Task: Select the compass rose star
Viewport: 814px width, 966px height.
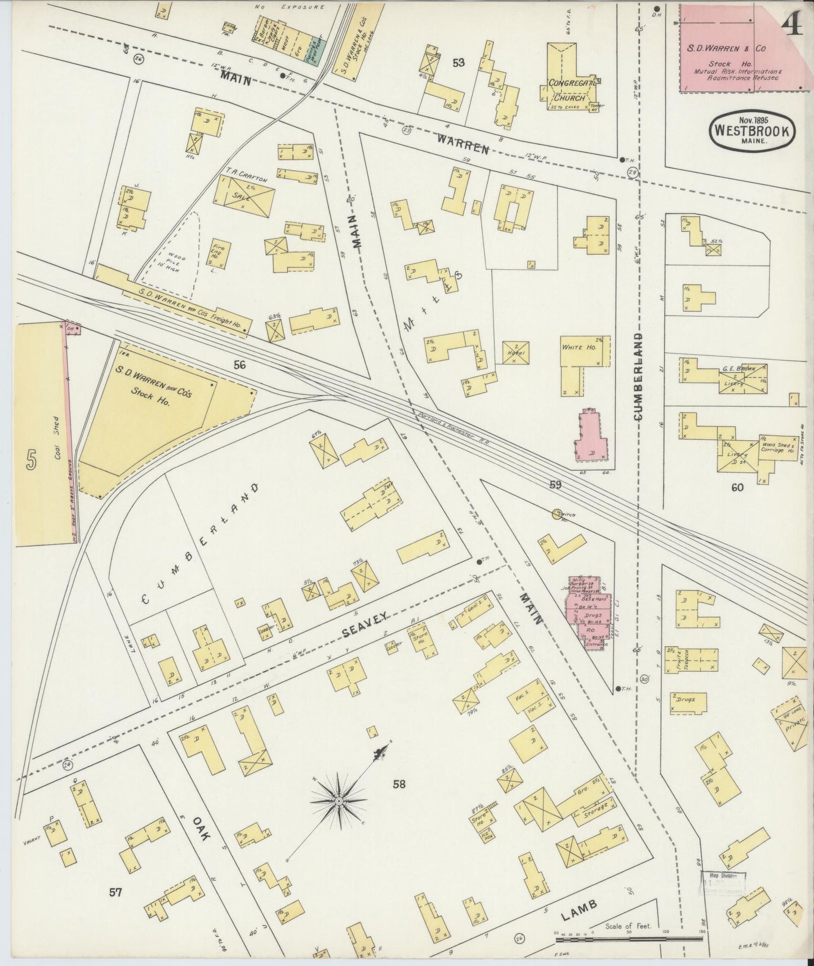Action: coord(339,801)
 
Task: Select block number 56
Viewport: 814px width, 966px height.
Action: coord(240,365)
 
